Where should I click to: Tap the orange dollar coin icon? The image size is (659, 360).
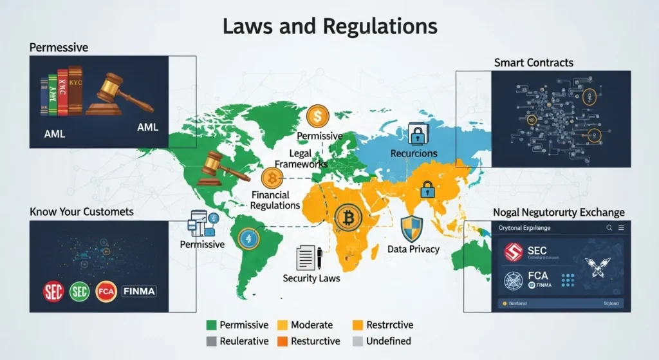point(317,116)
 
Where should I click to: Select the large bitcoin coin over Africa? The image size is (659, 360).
point(348,218)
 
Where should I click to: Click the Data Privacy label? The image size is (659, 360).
point(413,249)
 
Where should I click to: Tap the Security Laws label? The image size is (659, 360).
point(311,278)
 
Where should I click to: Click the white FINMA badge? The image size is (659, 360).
point(138,290)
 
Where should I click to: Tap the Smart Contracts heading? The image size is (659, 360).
point(534,62)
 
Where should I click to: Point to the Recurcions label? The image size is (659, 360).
point(414,154)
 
